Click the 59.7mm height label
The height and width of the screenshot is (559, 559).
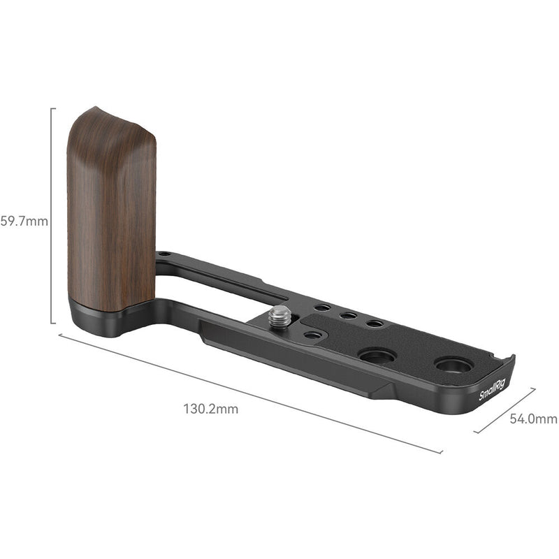[24, 222]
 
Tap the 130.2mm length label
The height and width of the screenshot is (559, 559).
[211, 409]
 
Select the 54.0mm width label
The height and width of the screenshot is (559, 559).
[533, 419]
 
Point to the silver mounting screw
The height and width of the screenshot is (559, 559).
[279, 316]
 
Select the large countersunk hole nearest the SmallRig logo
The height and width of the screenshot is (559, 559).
[453, 365]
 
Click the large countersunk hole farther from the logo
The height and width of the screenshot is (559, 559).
[377, 356]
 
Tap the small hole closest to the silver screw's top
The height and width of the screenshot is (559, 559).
[321, 307]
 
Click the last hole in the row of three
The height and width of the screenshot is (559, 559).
[375, 324]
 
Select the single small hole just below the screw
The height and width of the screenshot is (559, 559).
[314, 335]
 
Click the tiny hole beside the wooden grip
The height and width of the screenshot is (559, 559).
[164, 255]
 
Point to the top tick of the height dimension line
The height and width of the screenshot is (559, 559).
[53, 108]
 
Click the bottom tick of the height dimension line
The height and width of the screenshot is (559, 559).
[53, 324]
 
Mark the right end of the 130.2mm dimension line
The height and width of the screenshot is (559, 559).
[442, 452]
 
